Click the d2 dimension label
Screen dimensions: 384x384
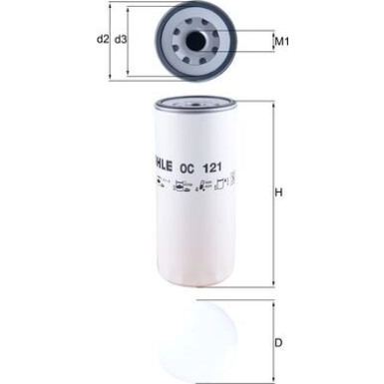coord(102,40)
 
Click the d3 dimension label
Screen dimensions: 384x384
coord(121,40)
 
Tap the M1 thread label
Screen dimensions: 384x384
coord(282,42)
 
